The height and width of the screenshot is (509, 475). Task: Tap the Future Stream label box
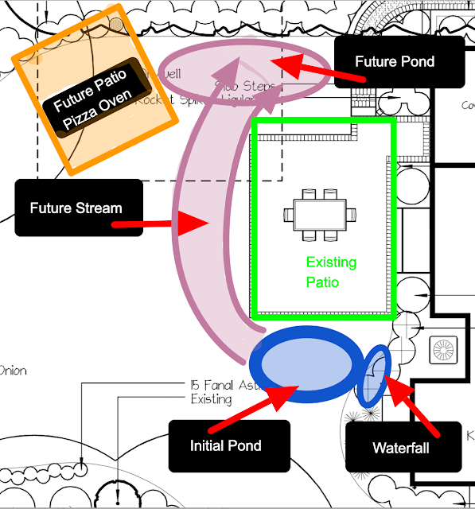[x=77, y=208]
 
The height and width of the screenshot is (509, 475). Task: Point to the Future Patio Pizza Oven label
[x=98, y=94]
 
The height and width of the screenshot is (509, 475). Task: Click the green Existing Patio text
[x=331, y=271]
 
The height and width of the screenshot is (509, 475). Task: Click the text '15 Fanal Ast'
[x=220, y=384]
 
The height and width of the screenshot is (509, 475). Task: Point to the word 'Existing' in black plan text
[x=211, y=398]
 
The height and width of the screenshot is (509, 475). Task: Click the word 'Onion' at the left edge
[x=14, y=370]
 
